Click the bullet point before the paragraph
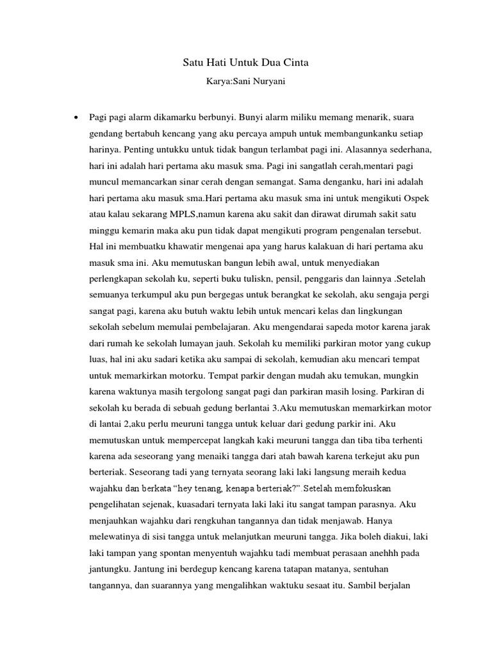tap(76, 118)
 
